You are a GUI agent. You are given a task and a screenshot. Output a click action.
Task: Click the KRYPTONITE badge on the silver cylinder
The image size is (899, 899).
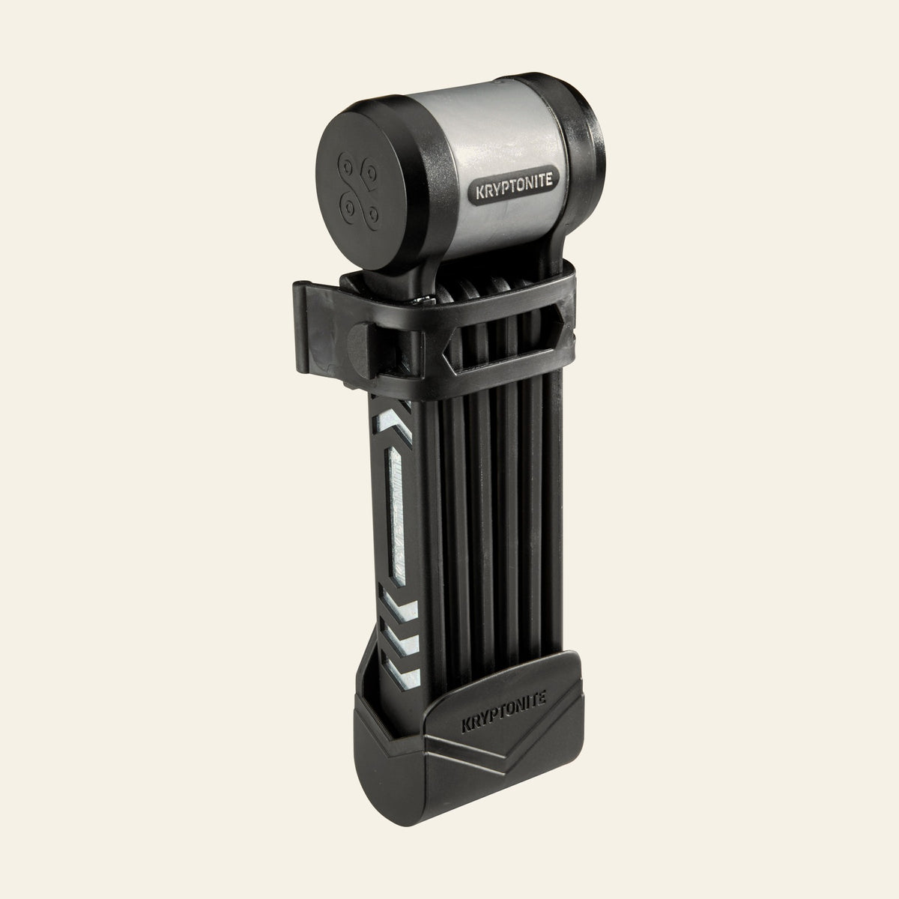514,185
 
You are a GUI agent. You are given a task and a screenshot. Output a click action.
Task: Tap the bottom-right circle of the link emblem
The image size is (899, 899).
373,215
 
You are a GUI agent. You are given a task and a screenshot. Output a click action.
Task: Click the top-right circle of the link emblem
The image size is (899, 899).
372,174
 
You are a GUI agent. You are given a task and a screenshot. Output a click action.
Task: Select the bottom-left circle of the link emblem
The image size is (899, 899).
348,208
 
